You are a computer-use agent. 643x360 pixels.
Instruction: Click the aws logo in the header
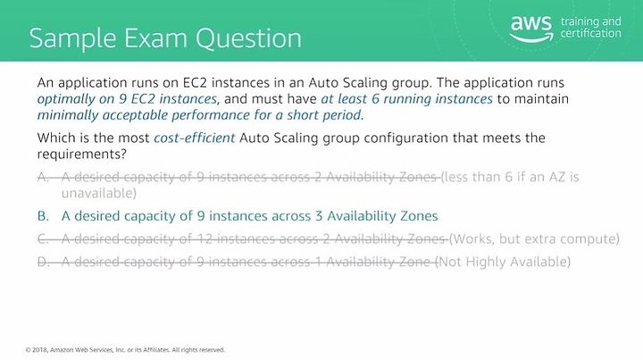click(x=531, y=29)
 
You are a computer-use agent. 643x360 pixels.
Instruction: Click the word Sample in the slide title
click(x=73, y=39)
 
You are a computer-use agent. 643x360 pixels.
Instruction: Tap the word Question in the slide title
click(x=248, y=39)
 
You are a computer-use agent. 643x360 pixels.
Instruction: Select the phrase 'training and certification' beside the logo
click(x=590, y=27)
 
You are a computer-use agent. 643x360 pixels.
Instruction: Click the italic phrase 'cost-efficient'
click(x=195, y=138)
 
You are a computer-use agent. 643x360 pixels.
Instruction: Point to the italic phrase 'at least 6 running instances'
click(x=407, y=99)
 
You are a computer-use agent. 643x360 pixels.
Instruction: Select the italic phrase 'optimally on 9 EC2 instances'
click(x=127, y=99)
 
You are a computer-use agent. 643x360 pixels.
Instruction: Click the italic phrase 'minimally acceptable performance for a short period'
click(x=200, y=115)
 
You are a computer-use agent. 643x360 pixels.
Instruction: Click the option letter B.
click(x=43, y=216)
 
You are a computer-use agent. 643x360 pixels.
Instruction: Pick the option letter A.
click(x=43, y=177)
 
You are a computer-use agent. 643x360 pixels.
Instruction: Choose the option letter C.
click(x=43, y=239)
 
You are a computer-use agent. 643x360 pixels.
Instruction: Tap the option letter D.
click(x=43, y=262)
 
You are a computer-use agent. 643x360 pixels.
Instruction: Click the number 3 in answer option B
click(x=319, y=216)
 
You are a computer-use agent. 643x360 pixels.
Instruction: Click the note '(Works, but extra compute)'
click(x=534, y=239)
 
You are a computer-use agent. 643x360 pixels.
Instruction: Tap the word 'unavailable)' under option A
click(x=99, y=193)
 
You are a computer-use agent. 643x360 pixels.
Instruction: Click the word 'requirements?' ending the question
click(x=82, y=155)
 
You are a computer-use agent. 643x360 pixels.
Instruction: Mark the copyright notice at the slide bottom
click(x=125, y=350)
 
